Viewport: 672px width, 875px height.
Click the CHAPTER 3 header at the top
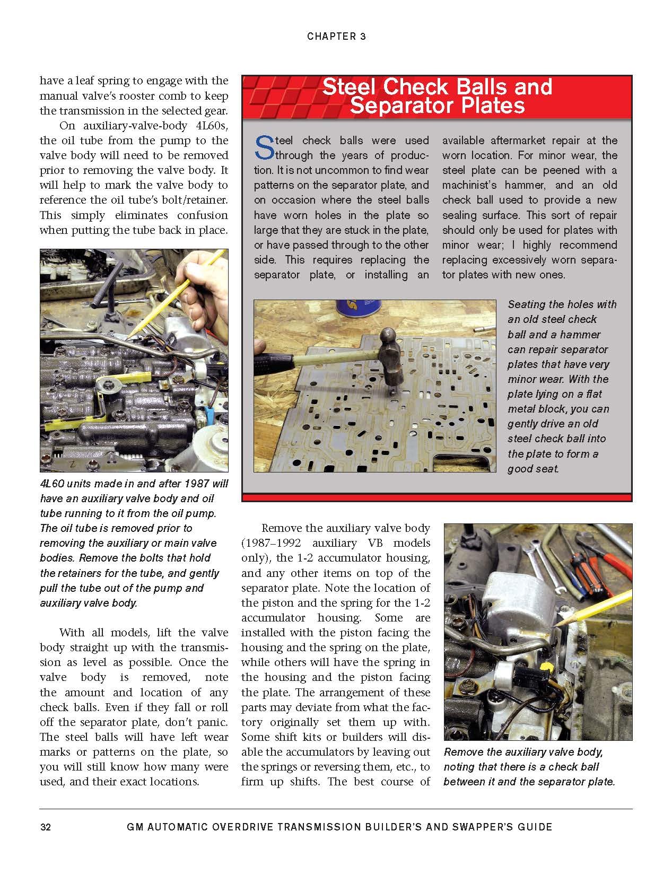coord(336,37)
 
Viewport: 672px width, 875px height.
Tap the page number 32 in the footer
coord(45,827)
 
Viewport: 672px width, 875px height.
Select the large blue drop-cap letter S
coord(263,147)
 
